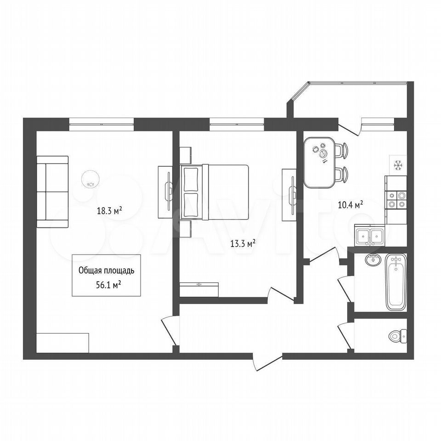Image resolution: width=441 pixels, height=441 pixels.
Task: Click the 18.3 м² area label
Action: click(x=109, y=211)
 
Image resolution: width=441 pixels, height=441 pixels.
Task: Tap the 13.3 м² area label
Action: click(x=243, y=243)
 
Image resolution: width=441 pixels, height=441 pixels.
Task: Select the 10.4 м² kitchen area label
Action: click(x=350, y=204)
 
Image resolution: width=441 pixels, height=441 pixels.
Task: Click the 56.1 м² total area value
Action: click(x=108, y=285)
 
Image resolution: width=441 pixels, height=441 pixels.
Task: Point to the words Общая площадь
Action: click(x=106, y=271)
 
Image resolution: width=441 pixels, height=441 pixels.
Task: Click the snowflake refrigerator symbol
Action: click(x=398, y=165)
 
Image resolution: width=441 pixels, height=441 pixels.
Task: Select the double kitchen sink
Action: click(x=369, y=236)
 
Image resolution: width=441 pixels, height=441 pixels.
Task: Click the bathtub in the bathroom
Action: click(x=396, y=282)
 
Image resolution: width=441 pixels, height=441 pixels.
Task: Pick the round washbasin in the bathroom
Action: click(x=373, y=259)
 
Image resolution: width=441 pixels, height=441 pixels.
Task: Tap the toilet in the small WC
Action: click(x=398, y=336)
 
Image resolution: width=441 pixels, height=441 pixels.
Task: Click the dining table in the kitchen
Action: click(x=319, y=162)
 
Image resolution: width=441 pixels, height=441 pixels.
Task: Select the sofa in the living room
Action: click(x=52, y=192)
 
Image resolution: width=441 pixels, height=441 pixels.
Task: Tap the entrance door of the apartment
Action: click(x=268, y=361)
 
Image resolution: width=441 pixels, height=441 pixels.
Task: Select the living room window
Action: click(x=101, y=124)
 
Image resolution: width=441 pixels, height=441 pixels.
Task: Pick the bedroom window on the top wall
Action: click(x=237, y=124)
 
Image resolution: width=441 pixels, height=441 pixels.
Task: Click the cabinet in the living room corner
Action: click(x=63, y=343)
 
